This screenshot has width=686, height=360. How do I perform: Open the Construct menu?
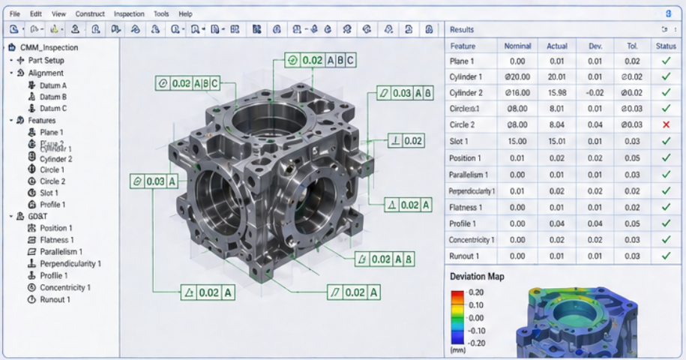pyautogui.click(x=90, y=13)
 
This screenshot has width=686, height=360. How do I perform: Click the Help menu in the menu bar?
pyautogui.click(x=185, y=13)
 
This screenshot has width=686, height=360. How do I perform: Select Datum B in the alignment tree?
pyautogui.click(x=52, y=97)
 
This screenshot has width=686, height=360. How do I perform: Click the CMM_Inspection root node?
pyautogui.click(x=49, y=48)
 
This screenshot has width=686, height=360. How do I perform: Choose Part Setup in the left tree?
pyautogui.click(x=46, y=60)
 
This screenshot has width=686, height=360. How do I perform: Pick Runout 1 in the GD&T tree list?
pyautogui.click(x=55, y=299)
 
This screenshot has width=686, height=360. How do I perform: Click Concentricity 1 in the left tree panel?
pyautogui.click(x=64, y=287)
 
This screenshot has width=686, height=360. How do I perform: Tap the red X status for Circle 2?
pyautogui.click(x=665, y=124)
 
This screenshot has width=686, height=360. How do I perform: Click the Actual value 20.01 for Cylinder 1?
pyautogui.click(x=557, y=76)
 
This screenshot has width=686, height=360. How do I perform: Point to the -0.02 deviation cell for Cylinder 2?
pyautogui.click(x=595, y=93)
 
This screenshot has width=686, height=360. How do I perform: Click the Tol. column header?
pyautogui.click(x=632, y=46)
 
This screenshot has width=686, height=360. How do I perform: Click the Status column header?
pyautogui.click(x=665, y=46)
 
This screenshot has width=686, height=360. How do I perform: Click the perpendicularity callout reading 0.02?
pyautogui.click(x=406, y=140)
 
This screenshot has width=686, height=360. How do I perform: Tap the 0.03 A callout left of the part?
pyautogui.click(x=154, y=181)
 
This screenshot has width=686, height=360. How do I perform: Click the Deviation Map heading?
pyautogui.click(x=477, y=277)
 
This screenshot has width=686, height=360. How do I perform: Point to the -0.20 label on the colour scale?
pyautogui.click(x=475, y=341)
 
